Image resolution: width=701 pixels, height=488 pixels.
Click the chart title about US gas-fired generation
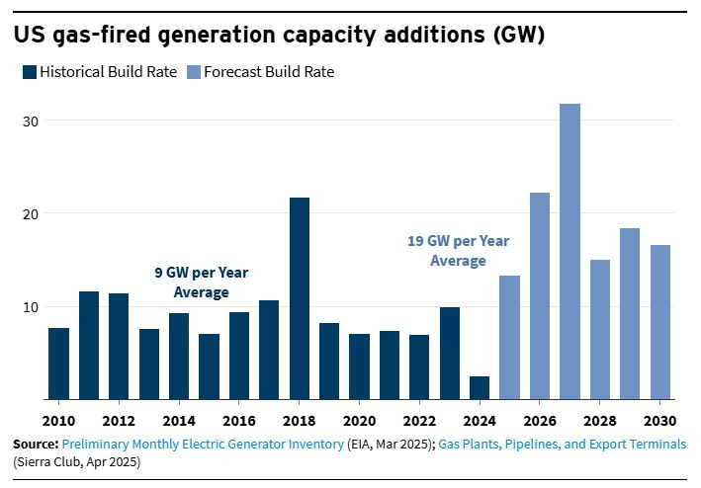(x=278, y=36)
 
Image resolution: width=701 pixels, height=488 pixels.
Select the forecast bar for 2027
(x=570, y=252)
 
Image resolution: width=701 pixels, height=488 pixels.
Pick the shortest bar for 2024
(x=480, y=388)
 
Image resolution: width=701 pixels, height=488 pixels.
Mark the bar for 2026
(x=540, y=296)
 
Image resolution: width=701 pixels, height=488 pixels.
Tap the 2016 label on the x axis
(x=239, y=419)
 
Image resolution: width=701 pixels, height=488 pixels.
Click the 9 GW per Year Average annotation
(x=201, y=284)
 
